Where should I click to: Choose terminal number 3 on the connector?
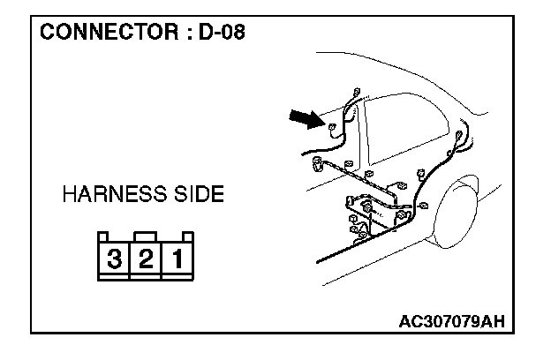[x=115, y=260]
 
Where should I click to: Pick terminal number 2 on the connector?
[x=147, y=260]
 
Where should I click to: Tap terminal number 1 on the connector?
[x=177, y=260]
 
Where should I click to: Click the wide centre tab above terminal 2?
[x=147, y=236]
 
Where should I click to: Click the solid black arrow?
[x=306, y=117]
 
